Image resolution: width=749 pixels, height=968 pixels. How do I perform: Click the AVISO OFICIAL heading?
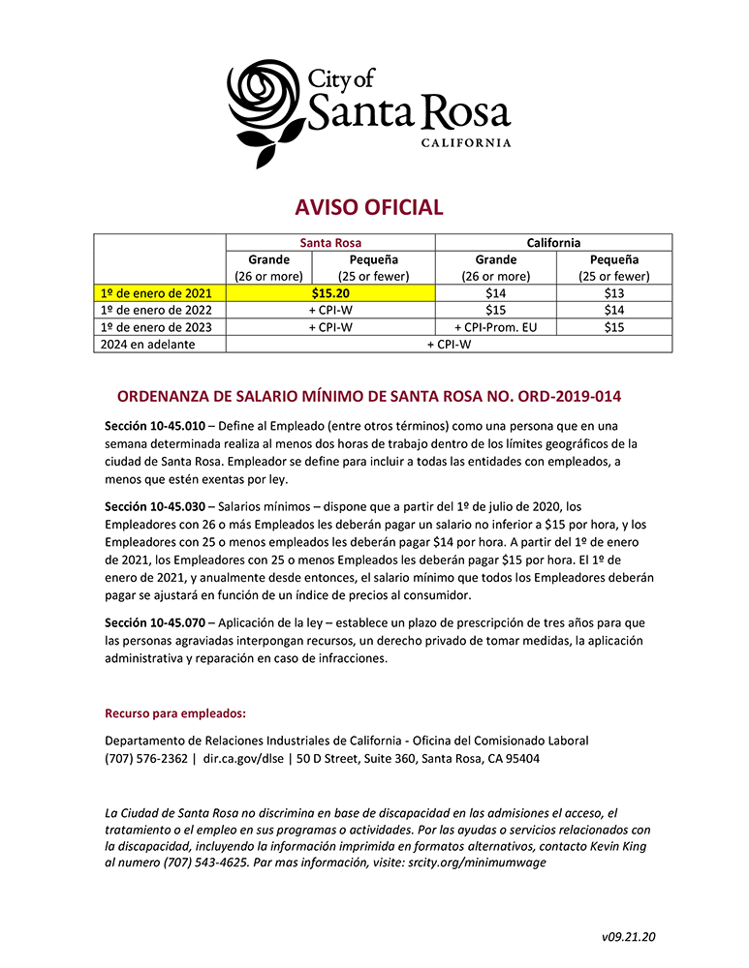[369, 207]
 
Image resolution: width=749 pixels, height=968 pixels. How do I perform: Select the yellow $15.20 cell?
[330, 291]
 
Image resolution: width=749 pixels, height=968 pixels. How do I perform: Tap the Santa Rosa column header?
[330, 243]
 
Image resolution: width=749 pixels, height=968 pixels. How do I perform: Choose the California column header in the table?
[553, 243]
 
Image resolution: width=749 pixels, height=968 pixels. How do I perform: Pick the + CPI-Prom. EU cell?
[494, 327]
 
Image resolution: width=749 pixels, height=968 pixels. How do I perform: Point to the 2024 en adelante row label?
[147, 345]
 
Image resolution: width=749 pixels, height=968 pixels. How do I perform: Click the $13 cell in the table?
[612, 291]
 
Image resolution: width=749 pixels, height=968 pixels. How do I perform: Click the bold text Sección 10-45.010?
[154, 427]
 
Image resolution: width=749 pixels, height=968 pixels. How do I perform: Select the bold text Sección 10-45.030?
[154, 506]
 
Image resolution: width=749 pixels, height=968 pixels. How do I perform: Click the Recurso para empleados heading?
[175, 714]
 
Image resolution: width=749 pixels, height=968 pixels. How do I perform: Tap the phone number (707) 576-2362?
[145, 759]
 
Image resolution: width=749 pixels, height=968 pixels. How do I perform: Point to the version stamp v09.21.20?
[629, 936]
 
